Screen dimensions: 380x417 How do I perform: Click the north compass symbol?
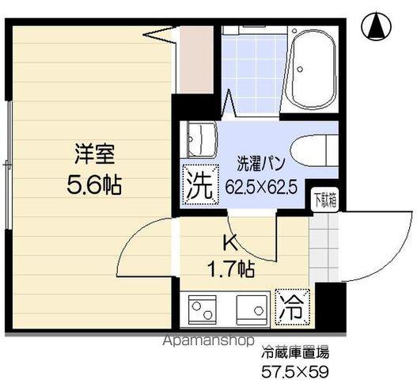pyautogui.click(x=377, y=28)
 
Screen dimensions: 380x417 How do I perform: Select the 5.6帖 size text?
pyautogui.click(x=93, y=185)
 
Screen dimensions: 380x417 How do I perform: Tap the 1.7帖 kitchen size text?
pyautogui.click(x=230, y=269)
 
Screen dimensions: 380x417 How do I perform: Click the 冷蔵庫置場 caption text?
pyautogui.click(x=294, y=352)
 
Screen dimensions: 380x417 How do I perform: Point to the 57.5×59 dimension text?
pyautogui.click(x=295, y=370)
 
